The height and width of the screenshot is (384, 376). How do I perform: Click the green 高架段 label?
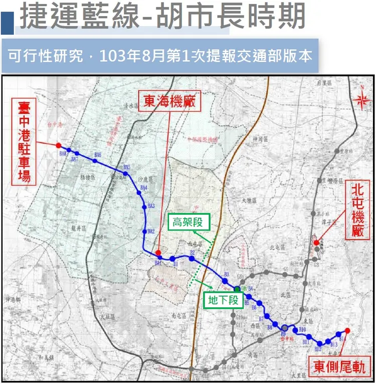coord(188,222)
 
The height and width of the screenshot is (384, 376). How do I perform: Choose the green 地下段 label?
coord(224,301)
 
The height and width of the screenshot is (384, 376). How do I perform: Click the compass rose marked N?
coord(360,99)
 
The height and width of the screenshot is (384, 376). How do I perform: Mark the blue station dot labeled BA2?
coord(145,231)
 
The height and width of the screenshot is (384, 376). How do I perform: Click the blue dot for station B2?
coord(192,258)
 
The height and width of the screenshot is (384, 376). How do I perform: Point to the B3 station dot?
coord(226,280)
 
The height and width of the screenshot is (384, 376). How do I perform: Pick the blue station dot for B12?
coord(320,343)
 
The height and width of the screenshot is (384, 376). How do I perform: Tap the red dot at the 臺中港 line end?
coord(59,145)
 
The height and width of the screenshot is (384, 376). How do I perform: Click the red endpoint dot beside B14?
coord(347,330)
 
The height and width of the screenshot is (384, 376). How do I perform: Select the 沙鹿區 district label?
coord(144,179)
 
